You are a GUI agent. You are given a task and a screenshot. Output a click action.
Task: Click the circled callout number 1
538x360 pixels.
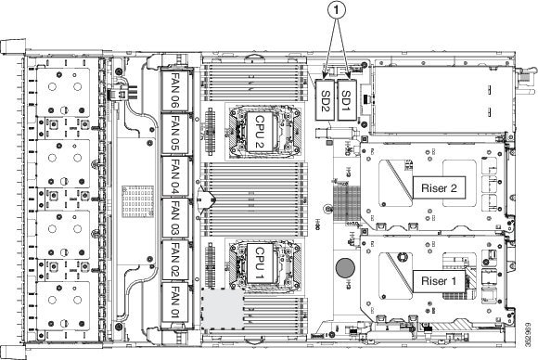(339, 10)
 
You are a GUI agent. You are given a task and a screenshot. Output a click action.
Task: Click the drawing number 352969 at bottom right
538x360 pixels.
(527, 329)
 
